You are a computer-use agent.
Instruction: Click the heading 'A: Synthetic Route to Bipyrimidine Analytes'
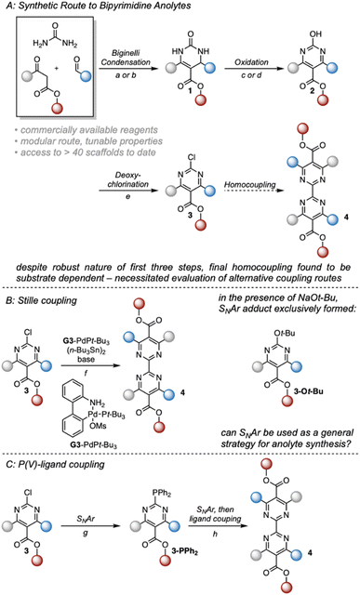coord(102,9)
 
